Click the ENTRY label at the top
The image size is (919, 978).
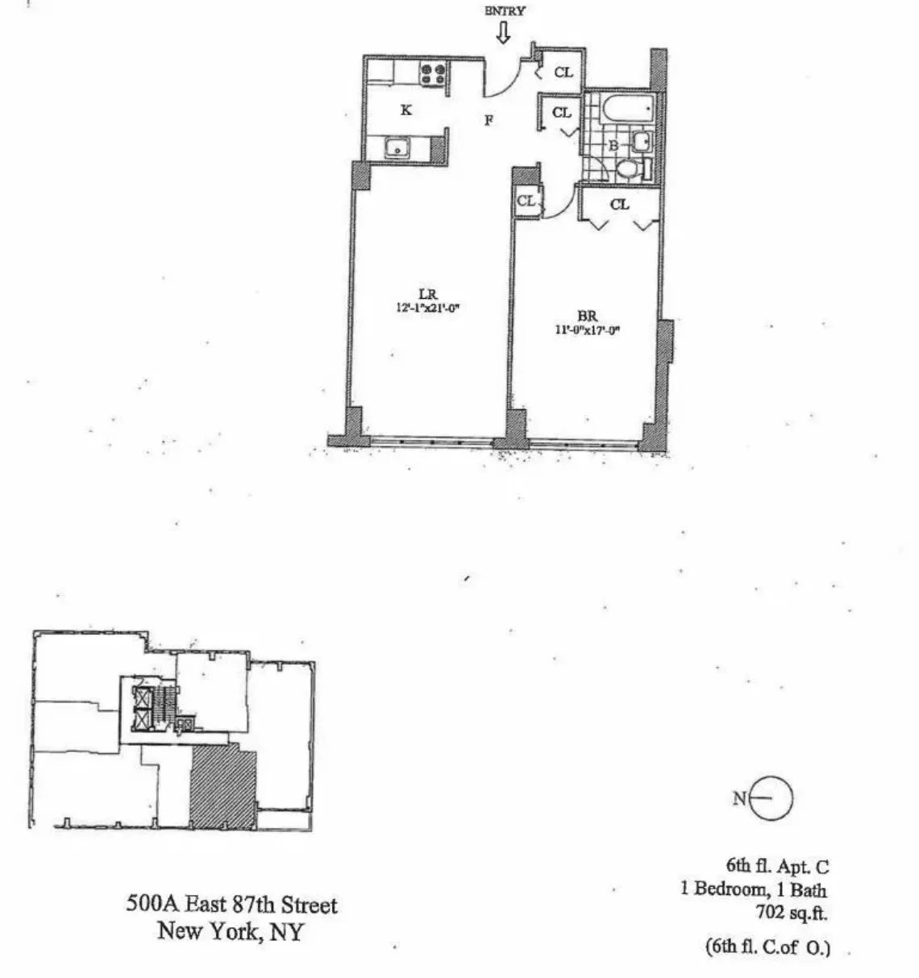[505, 11]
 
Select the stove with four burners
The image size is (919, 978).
[434, 74]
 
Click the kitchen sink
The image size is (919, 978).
[396, 147]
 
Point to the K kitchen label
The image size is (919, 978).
[406, 110]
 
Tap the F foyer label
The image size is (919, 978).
[489, 121]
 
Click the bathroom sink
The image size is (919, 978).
[641, 143]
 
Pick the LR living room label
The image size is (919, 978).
[427, 295]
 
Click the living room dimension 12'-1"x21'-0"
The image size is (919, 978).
[427, 307]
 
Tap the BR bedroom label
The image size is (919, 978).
[587, 317]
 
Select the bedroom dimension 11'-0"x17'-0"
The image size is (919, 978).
[587, 329]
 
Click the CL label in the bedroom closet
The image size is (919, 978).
[619, 205]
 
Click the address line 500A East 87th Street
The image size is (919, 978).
[231, 905]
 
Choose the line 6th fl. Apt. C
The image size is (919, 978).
[777, 867]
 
